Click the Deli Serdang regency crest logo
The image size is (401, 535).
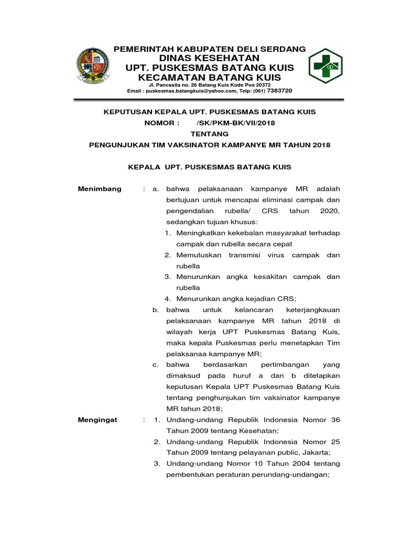point(94,66)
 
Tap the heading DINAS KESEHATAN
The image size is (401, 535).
point(209,57)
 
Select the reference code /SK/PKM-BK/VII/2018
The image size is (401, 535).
point(235,123)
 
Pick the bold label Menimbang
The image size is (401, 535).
point(99,189)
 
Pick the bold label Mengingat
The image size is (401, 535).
point(98,420)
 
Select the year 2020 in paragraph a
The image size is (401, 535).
point(331,211)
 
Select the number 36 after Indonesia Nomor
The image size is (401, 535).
point(335,420)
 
